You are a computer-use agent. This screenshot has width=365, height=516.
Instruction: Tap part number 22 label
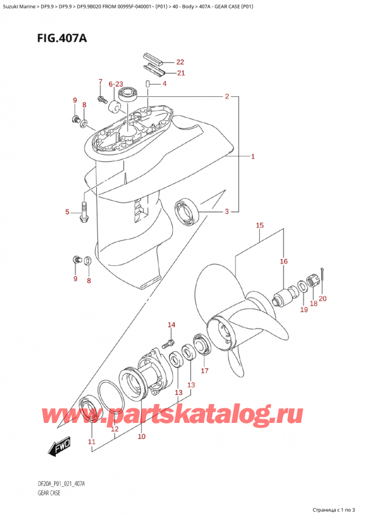[179, 61]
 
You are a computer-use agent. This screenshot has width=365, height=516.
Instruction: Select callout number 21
[179, 73]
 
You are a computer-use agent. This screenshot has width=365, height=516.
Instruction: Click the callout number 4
[164, 83]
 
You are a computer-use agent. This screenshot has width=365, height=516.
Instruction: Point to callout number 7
[101, 82]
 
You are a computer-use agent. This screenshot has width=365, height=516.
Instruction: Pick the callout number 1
[252, 156]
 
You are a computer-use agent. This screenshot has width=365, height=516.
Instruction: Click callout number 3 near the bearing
[227, 211]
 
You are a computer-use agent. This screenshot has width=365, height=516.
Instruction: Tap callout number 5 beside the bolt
[68, 212]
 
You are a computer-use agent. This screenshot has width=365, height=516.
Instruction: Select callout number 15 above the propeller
[260, 226]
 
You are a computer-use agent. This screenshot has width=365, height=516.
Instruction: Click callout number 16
[283, 262]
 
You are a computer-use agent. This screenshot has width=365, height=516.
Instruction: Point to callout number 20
[322, 298]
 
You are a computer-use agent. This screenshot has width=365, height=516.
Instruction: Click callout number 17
[204, 370]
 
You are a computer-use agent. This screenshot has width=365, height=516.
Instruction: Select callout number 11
[92, 441]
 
